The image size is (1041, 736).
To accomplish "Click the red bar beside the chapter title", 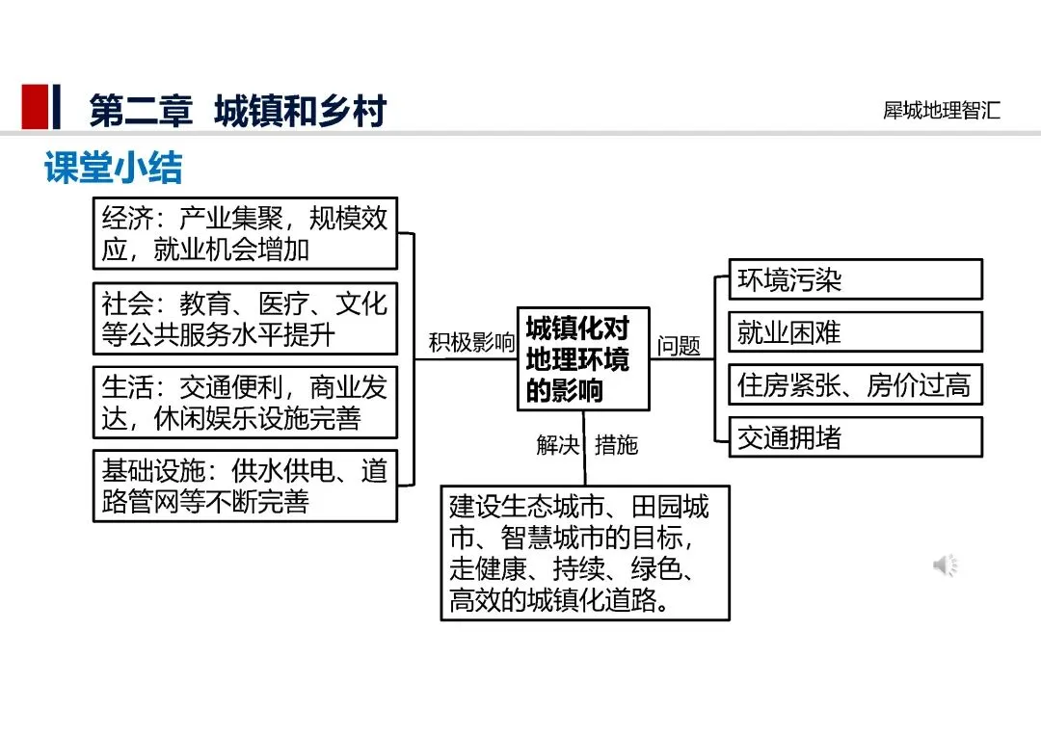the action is coord(35,107).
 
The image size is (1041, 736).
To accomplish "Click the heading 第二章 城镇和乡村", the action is coord(237,111).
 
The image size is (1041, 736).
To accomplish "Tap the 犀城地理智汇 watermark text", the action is coord(941,110).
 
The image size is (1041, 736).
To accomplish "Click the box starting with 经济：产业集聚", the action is coord(245,233).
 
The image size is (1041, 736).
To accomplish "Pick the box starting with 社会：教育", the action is coord(245,319).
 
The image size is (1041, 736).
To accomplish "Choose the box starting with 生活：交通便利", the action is coord(245,403).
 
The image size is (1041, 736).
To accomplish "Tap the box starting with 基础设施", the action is coord(245,486).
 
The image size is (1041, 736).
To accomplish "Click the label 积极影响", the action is coord(471,343).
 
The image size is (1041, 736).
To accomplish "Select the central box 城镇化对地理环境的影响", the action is coord(583,358).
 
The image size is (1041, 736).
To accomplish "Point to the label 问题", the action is coord(679,346).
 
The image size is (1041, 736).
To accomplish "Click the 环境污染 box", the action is coord(855,279).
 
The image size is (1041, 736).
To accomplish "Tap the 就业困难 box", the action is coord(855,332).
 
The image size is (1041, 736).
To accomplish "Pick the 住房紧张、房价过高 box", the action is coord(855,385).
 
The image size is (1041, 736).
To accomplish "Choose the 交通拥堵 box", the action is coord(855,437).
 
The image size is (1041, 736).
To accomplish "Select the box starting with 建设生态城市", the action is coord(584,553).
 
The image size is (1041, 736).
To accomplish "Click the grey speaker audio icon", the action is coord(945,565).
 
